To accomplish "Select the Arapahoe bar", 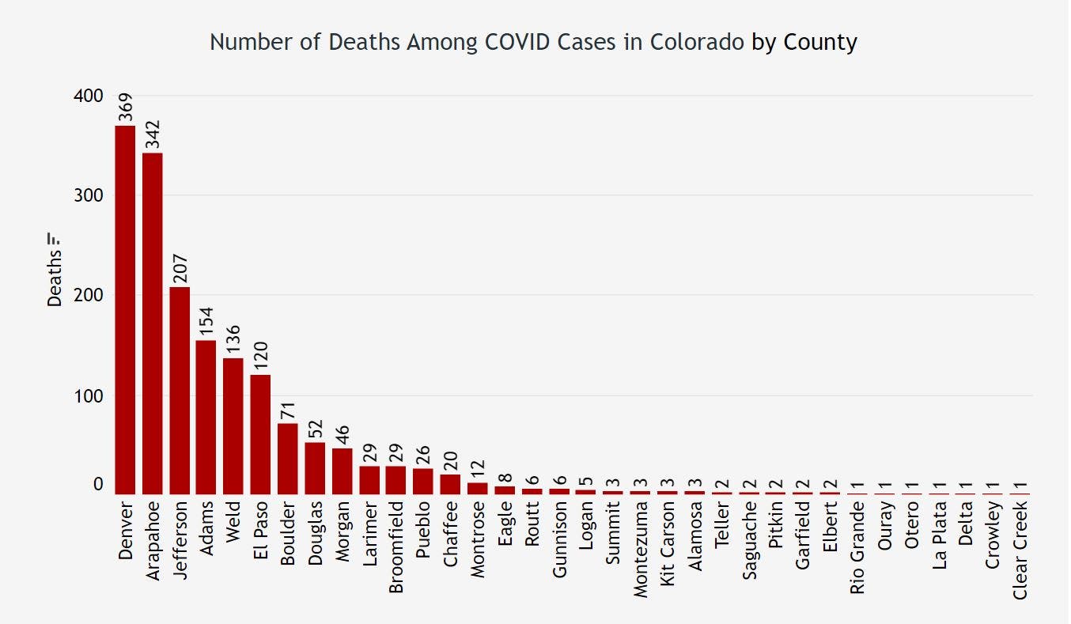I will coord(152,323).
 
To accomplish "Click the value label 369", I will coord(126,108).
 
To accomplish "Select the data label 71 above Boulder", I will coord(287,411).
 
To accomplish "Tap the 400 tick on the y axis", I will coord(89,96).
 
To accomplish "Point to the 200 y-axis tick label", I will coord(89,295).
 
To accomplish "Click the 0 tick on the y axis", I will coord(98,485).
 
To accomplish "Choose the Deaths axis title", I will coord(55,278).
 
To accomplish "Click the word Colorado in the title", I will coord(697,42).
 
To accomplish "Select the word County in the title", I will coord(820,42).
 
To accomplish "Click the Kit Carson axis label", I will coord(668,543).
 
